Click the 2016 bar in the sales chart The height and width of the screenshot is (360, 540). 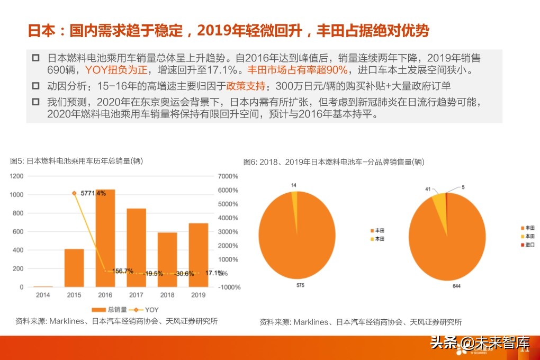pos(105,238)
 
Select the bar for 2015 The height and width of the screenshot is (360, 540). pos(74,268)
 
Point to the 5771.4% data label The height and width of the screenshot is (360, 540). pos(93,193)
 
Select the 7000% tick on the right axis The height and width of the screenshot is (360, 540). pos(229,176)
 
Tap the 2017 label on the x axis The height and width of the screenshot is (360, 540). pos(136,295)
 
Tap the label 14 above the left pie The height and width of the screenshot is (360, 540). pos(294,185)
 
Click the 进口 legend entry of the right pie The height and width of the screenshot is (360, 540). pos(529,245)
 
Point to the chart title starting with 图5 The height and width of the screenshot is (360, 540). pos(76,161)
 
